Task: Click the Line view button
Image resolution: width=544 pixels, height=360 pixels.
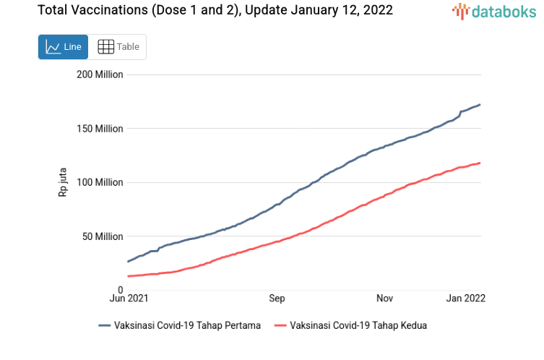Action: tap(63, 47)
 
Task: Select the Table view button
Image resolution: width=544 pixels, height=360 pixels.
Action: tap(118, 47)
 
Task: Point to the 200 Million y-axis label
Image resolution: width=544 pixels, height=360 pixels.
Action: tap(100, 74)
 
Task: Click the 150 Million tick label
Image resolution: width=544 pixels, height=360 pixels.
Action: tap(100, 129)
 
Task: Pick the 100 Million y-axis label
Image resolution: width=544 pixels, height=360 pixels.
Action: tap(100, 182)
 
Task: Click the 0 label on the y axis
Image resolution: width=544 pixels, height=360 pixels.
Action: tap(120, 290)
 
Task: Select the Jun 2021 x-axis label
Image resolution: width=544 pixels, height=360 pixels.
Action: tap(129, 298)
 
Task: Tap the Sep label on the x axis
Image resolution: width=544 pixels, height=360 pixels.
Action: tap(277, 298)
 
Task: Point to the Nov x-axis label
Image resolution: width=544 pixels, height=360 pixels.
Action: tap(384, 298)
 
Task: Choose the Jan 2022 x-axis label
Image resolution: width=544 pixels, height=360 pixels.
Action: tap(465, 298)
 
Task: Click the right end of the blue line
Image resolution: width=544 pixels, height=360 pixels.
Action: tap(480, 105)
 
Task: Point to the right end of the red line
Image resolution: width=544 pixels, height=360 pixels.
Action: tap(480, 163)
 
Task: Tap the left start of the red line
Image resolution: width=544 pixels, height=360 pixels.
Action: tap(128, 276)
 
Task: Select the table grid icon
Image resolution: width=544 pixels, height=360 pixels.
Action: tap(105, 47)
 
